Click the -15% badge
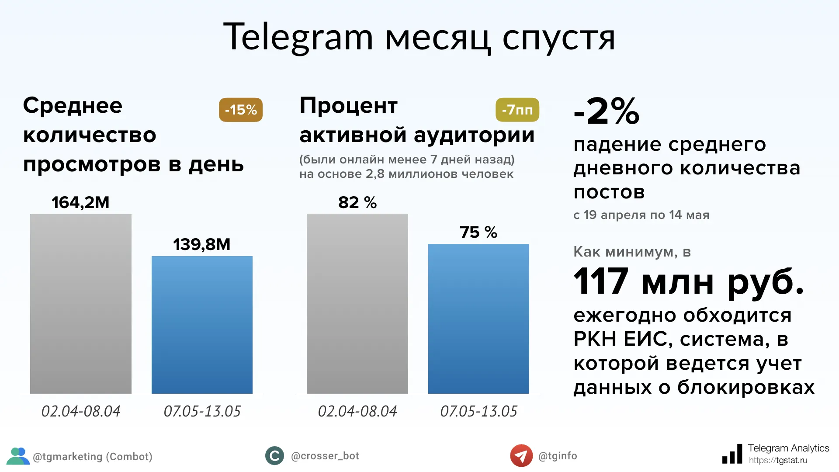click(x=241, y=110)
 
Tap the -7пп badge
click(x=517, y=110)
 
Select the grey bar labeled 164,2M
click(x=81, y=304)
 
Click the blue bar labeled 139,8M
click(x=202, y=325)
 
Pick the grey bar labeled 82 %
click(x=357, y=304)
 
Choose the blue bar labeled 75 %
click(x=478, y=319)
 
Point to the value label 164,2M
click(x=80, y=202)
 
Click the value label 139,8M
click(x=201, y=244)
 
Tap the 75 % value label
click(x=478, y=232)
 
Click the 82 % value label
click(x=357, y=202)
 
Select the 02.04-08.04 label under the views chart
click(x=81, y=411)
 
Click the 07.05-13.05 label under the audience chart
click(x=478, y=411)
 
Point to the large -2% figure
click(x=607, y=111)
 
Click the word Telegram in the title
click(x=298, y=38)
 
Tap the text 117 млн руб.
click(x=688, y=282)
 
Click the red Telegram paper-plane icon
click(x=521, y=456)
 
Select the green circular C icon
click(x=274, y=456)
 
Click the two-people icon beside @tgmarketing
click(x=18, y=456)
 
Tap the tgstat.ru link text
click(x=778, y=460)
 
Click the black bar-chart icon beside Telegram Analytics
click(x=732, y=455)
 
